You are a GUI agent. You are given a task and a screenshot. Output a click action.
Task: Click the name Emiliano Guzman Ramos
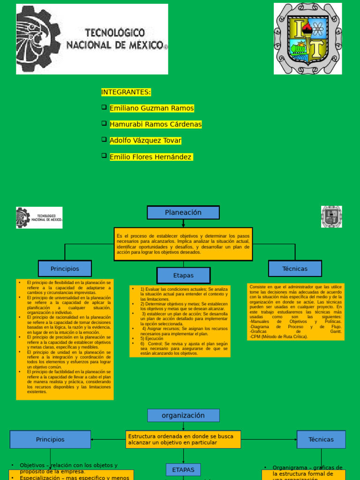coord(151,108)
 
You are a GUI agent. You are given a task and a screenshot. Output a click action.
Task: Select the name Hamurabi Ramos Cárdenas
coord(156,124)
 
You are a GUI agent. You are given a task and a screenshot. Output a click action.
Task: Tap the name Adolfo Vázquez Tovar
coord(145,141)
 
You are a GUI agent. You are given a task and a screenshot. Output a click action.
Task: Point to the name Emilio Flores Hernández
coord(151,157)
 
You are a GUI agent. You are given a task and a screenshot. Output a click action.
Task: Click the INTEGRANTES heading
coord(126,92)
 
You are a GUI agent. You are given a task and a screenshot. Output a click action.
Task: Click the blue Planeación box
coord(183,212)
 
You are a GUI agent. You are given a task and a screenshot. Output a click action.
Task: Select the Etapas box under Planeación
coord(183,276)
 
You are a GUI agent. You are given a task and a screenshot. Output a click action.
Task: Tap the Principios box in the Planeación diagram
coord(65,269)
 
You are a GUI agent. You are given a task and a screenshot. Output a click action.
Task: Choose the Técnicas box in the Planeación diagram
coord(295,269)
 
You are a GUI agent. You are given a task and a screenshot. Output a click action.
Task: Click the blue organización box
coord(183,415)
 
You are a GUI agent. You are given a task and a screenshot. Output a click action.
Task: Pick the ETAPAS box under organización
coord(183,470)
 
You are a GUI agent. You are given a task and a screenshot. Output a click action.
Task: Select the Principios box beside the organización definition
coord(50,439)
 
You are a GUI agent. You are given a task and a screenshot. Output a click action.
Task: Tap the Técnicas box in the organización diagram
coord(321,439)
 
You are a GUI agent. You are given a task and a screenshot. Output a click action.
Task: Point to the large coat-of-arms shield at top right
coord(308,38)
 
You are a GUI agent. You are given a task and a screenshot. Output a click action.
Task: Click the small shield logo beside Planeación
coord(331,217)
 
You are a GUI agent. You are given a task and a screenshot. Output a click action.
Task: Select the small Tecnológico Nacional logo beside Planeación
coord(39,217)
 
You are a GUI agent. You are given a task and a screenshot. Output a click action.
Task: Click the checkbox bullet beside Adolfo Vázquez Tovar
coord(104,140)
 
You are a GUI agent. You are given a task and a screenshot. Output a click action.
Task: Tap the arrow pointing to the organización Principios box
coord(94,440)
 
